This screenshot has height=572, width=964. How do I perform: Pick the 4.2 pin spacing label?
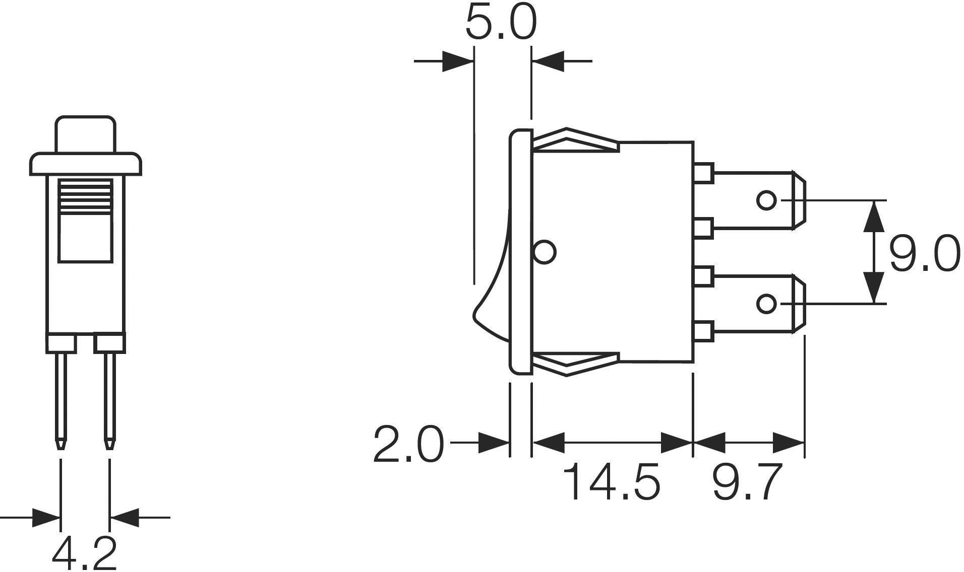click(x=85, y=553)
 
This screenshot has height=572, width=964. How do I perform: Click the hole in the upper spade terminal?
click(x=766, y=200)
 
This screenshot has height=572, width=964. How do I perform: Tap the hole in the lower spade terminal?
click(x=766, y=304)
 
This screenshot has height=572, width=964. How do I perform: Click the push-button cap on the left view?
click(x=85, y=134)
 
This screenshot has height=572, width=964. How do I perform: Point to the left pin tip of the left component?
click(x=61, y=444)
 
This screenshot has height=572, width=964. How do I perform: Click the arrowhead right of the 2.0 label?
click(x=493, y=443)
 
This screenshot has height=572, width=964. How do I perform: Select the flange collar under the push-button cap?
click(x=85, y=164)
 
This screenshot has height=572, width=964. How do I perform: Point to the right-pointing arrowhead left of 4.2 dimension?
click(x=45, y=517)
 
